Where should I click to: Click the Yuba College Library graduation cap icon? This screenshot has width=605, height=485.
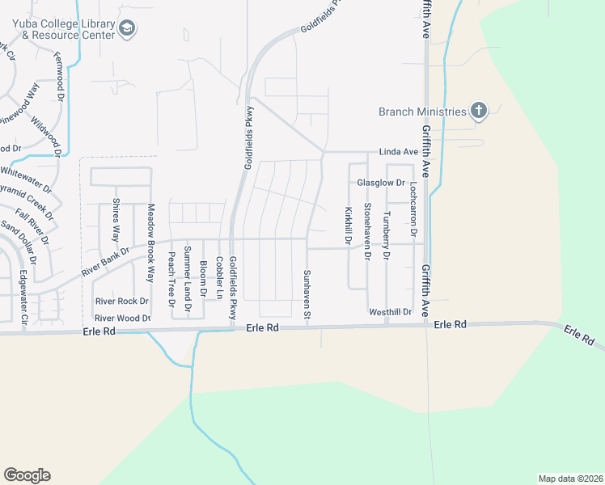tap(128, 29)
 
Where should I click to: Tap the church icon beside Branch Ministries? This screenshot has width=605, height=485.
tap(479, 112)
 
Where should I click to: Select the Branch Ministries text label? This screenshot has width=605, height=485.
tap(422, 112)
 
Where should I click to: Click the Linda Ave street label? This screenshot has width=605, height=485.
tap(399, 152)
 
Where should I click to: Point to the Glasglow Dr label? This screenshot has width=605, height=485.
tap(381, 183)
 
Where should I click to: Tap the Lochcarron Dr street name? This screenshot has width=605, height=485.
tap(413, 209)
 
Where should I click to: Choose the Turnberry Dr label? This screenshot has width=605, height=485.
tap(387, 235)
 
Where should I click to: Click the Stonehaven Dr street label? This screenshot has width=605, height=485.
tap(367, 231)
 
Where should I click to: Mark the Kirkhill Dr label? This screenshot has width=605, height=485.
tap(349, 226)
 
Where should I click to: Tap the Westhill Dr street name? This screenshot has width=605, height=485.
tap(390, 311)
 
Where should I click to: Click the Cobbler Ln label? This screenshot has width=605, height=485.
tap(218, 278)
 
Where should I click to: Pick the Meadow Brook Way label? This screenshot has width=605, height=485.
tap(150, 234)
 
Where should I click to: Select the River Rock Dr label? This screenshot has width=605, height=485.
tap(121, 301)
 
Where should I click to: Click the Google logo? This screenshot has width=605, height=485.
tap(27, 475)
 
